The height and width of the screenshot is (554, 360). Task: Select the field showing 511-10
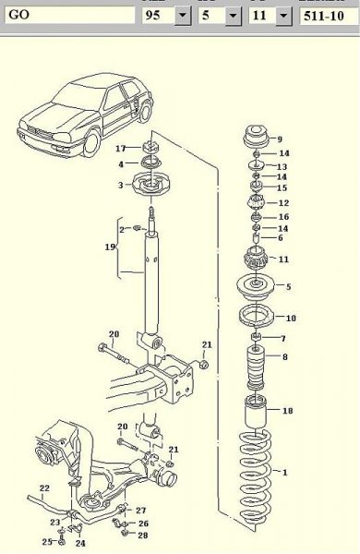click(328, 16)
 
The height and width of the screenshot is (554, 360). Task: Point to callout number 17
click(120, 149)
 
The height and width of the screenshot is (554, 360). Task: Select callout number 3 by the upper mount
click(120, 186)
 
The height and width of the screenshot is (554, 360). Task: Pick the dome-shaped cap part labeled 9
click(252, 142)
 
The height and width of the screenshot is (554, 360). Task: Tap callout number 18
click(287, 410)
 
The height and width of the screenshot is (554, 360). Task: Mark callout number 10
click(291, 319)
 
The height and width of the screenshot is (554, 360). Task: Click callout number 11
click(282, 259)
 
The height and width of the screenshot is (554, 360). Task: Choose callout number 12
click(283, 203)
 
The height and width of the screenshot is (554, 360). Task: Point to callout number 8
click(284, 356)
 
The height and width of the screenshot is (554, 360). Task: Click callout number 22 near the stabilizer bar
click(43, 488)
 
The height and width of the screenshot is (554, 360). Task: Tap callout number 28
click(142, 535)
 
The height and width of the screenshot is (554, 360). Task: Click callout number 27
click(141, 510)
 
